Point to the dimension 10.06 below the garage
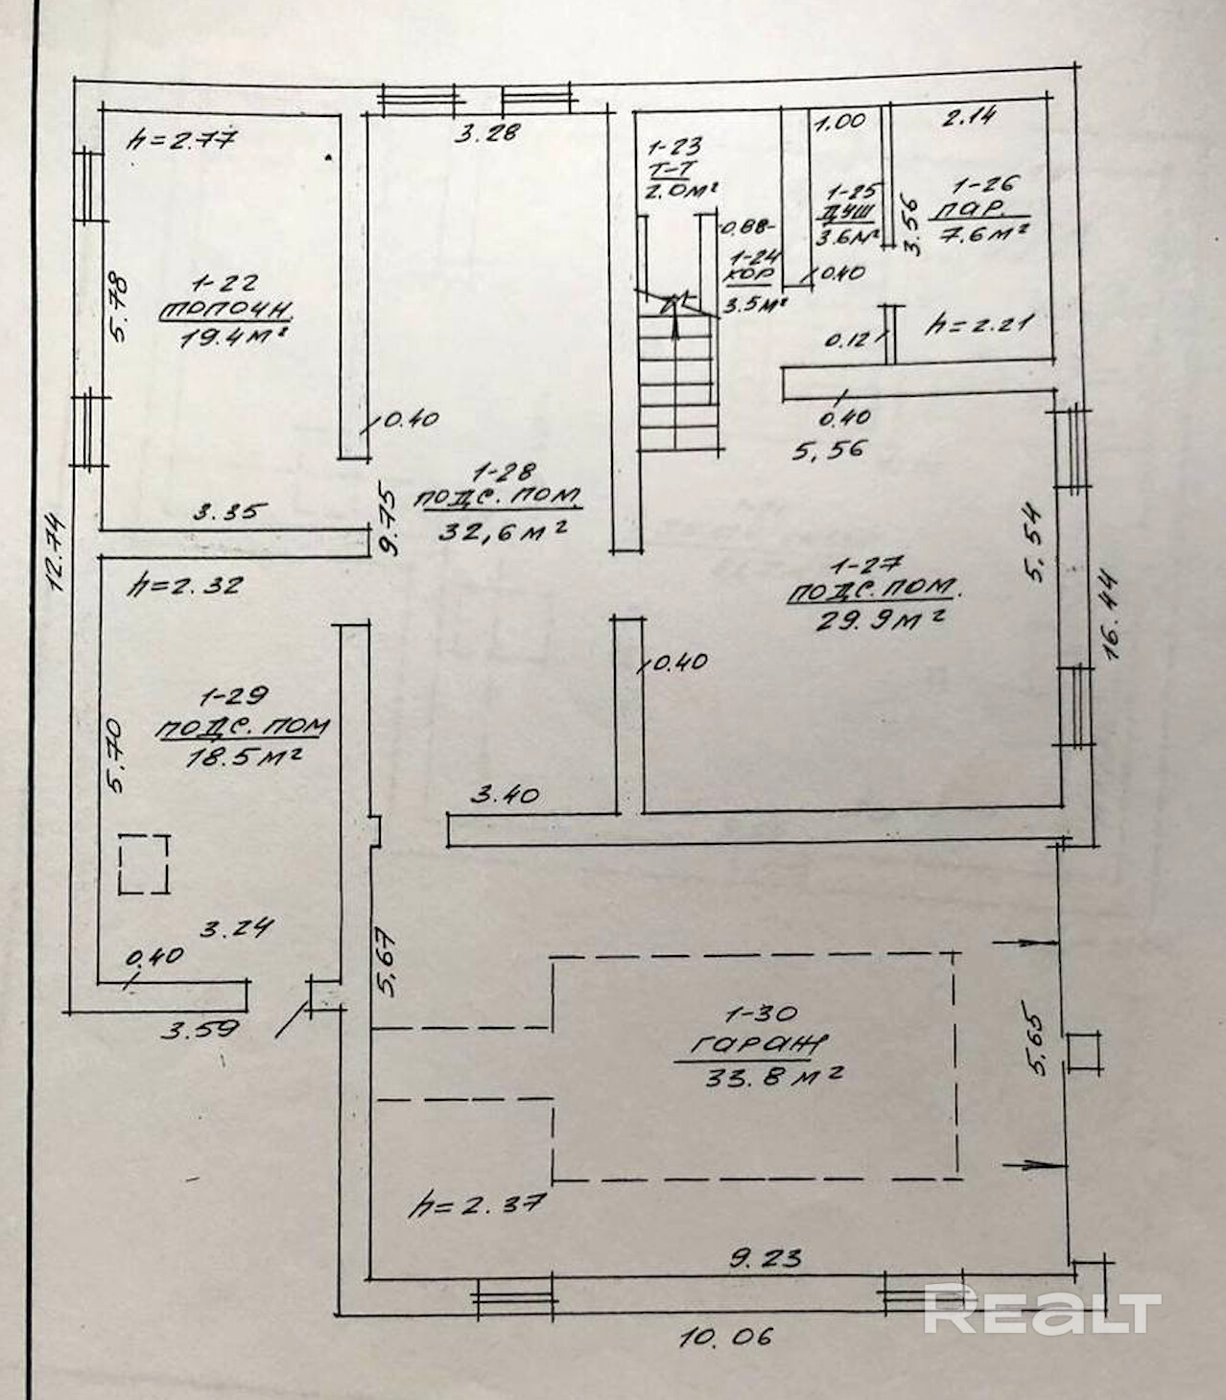(x=726, y=1336)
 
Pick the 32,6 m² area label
(x=500, y=528)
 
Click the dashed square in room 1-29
(x=144, y=864)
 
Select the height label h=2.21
(x=978, y=324)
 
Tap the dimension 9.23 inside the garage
(x=765, y=1256)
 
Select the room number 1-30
(x=762, y=1014)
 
